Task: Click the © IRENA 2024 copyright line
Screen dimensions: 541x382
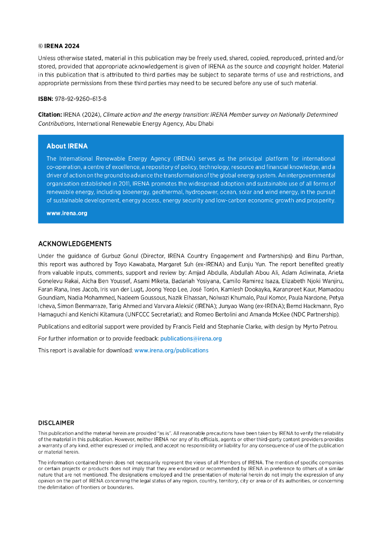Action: click(x=59, y=46)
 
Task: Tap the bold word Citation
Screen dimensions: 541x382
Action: click(x=50, y=115)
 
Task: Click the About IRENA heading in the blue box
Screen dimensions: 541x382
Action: click(x=67, y=146)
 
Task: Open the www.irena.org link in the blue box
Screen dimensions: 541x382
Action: click(x=66, y=213)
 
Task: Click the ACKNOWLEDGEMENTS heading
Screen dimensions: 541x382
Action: click(x=75, y=244)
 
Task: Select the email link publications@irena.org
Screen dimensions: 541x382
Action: click(x=190, y=338)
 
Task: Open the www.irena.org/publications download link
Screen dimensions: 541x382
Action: click(x=171, y=350)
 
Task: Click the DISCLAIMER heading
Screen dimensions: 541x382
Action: click(x=56, y=423)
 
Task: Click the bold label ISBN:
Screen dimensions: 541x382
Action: click(x=46, y=99)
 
